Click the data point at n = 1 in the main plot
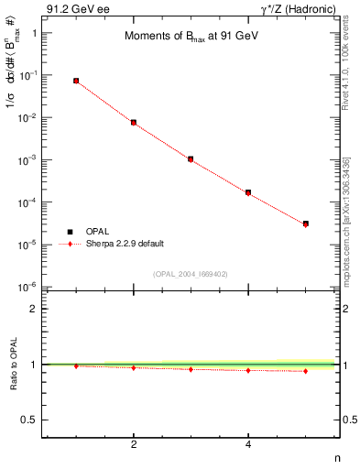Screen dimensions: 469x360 (76, 81)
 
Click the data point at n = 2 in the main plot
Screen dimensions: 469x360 (134, 122)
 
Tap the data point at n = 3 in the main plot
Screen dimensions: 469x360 (191, 159)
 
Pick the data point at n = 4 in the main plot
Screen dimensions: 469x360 (248, 192)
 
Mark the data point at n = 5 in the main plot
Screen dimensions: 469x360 (306, 224)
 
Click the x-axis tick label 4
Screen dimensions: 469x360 (248, 445)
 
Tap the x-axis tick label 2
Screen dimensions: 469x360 (134, 445)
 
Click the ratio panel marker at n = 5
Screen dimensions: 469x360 (306, 371)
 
